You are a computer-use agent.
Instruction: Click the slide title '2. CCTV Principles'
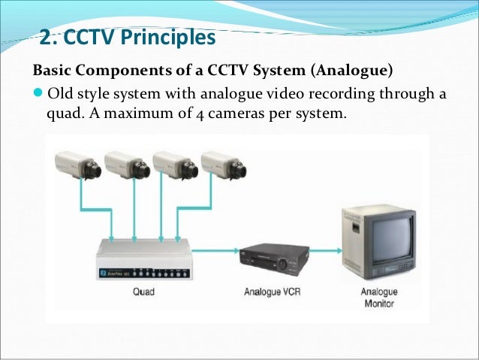pyautogui.click(x=127, y=37)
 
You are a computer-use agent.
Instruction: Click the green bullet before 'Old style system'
pyautogui.click(x=38, y=95)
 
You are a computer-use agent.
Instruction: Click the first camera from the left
pyautogui.click(x=79, y=165)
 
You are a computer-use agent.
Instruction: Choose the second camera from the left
pyautogui.click(x=128, y=165)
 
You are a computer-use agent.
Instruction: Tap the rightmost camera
pyautogui.click(x=224, y=165)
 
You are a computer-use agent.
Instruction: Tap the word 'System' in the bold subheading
pyautogui.click(x=283, y=71)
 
